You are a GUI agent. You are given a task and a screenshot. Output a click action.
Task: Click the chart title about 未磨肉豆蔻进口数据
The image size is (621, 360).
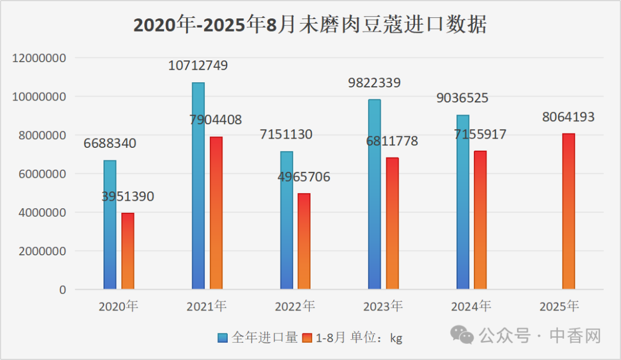pyautogui.click(x=310, y=25)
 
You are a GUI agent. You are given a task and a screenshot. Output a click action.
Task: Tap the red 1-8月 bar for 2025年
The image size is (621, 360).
pyautogui.click(x=568, y=211)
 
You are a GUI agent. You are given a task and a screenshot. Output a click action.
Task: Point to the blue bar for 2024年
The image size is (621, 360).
pyautogui.click(x=462, y=202)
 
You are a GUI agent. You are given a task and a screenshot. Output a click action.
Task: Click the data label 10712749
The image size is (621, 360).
pyautogui.click(x=198, y=65)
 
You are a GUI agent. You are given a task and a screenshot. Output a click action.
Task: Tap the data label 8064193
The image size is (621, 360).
pyautogui.click(x=568, y=117)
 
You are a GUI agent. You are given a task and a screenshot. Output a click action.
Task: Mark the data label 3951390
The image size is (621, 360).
pyautogui.click(x=128, y=197)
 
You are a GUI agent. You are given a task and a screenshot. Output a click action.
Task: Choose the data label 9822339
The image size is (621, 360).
pyautogui.click(x=374, y=83)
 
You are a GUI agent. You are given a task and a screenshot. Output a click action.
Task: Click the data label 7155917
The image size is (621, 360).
pyautogui.click(x=480, y=135)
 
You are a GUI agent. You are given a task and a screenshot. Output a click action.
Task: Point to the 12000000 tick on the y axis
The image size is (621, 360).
pyautogui.click(x=39, y=58)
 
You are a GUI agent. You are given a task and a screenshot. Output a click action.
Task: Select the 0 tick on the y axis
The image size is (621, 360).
pyautogui.click(x=63, y=290)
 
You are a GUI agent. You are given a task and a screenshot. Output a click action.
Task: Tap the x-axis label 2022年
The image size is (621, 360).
pyautogui.click(x=294, y=307)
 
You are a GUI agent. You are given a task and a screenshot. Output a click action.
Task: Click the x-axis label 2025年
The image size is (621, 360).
pyautogui.click(x=559, y=307)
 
